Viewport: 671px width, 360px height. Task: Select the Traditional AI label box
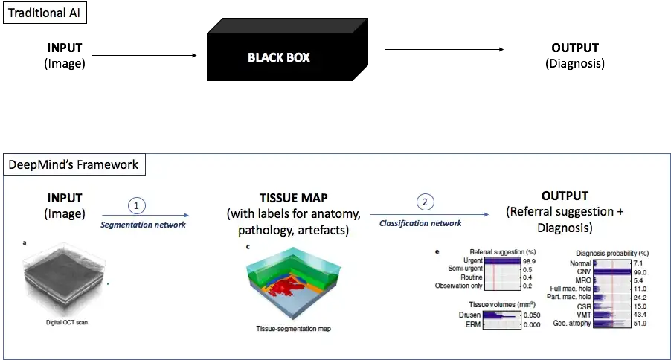[45, 13]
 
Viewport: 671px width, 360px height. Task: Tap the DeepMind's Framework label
[74, 165]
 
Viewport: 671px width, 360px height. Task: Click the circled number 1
[137, 205]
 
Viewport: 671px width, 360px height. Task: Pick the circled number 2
[425, 202]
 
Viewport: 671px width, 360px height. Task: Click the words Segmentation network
[143, 225]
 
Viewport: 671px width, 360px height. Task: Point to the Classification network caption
[420, 223]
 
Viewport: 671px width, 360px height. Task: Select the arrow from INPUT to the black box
[144, 55]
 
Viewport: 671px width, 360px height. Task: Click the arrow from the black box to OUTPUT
[444, 49]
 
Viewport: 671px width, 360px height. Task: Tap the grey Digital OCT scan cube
[64, 279]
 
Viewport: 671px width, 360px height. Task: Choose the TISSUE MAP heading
[294, 198]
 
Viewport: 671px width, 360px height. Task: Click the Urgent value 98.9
[529, 261]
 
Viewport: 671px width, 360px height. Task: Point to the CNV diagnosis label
[584, 271]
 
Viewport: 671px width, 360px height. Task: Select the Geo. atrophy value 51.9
[640, 324]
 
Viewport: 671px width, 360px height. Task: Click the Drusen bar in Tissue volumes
[499, 316]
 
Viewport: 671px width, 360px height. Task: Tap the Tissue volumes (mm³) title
[502, 304]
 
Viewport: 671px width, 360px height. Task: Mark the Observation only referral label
[458, 286]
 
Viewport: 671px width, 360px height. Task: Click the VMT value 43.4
[640, 315]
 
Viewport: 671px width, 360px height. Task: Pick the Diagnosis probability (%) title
[612, 254]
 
